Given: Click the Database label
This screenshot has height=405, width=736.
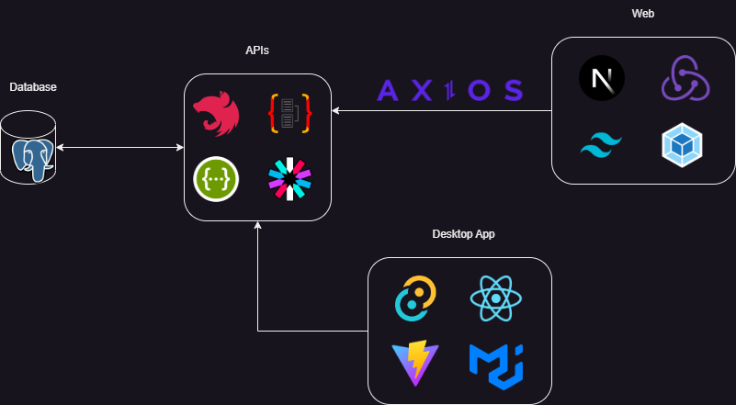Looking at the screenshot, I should pyautogui.click(x=33, y=87).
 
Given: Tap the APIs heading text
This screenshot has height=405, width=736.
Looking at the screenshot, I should pyautogui.click(x=257, y=51).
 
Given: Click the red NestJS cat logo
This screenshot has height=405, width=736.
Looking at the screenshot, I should pyautogui.click(x=215, y=115).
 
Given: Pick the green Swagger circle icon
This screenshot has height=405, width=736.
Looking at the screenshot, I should pyautogui.click(x=217, y=178).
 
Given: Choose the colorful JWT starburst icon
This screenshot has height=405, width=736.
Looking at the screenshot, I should pyautogui.click(x=289, y=178).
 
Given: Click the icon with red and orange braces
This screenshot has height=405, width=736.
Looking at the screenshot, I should pyautogui.click(x=289, y=114).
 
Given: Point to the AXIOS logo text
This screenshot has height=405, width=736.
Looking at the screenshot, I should pyautogui.click(x=450, y=90).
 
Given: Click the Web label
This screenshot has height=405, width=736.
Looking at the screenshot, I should pyautogui.click(x=643, y=14).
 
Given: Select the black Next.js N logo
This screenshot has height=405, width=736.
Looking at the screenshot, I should pyautogui.click(x=602, y=78).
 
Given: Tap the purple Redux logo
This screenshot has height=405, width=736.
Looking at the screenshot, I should pyautogui.click(x=685, y=78).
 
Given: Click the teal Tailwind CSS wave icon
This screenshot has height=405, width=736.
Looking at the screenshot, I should pyautogui.click(x=602, y=144).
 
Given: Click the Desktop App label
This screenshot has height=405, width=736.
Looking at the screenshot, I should pyautogui.click(x=464, y=234).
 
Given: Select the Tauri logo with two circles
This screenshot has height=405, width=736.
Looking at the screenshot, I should pyautogui.click(x=417, y=298).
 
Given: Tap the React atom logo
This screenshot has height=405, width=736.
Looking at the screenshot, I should pyautogui.click(x=495, y=298).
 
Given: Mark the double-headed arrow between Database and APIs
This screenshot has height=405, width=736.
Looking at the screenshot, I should pyautogui.click(x=120, y=147).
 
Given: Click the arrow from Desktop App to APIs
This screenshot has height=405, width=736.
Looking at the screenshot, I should pyautogui.click(x=258, y=294).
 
